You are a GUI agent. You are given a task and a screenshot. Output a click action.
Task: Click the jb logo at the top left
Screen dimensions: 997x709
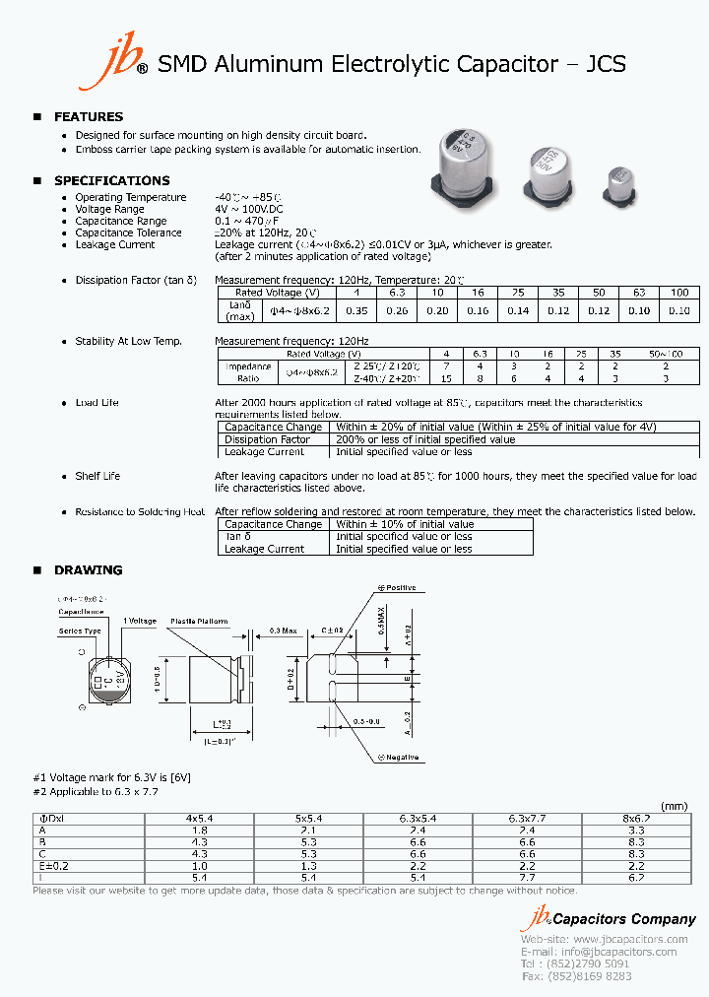[125, 65]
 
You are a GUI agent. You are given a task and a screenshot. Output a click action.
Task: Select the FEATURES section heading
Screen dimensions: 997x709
[88, 117]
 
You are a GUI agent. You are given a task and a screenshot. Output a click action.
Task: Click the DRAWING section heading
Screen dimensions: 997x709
[88, 570]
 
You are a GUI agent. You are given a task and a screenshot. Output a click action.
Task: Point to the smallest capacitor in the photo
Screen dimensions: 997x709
[620, 184]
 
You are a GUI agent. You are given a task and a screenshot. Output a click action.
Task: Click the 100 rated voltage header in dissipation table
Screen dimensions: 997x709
[679, 293]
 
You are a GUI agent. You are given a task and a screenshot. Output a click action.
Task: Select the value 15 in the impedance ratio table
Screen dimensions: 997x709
[446, 378]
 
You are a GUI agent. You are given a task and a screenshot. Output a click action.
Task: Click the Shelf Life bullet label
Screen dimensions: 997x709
[97, 477]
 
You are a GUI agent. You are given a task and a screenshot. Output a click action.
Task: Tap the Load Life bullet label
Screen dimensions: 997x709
[97, 403]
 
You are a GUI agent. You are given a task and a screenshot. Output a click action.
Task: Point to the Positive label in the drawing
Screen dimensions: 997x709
[397, 588]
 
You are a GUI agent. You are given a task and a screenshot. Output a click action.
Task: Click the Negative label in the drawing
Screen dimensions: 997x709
[399, 758]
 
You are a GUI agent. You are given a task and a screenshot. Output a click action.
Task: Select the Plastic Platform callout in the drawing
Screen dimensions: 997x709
[199, 622]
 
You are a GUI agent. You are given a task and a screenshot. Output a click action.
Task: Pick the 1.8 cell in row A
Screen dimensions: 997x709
[200, 831]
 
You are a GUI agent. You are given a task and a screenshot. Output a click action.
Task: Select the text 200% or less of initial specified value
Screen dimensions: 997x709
[425, 439]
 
